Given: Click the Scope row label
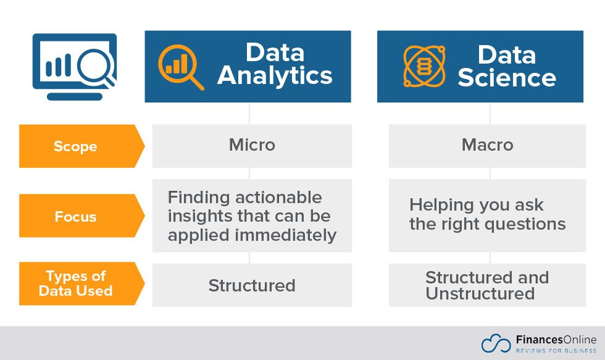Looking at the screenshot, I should coord(75,146).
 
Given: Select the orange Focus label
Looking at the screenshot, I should coord(75,217).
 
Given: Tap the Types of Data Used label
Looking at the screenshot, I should coord(75,283).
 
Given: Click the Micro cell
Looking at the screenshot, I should coord(252,145).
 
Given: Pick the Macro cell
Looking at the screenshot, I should coord(487,145).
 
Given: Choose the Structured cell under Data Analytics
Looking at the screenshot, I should coord(252,285).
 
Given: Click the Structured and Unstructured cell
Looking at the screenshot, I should coord(487,285).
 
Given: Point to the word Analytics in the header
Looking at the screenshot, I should coord(275,77).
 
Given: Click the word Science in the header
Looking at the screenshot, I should coord(507,78).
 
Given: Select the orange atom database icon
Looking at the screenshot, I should coord(424,65).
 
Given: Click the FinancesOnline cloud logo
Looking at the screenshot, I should coord(496,344).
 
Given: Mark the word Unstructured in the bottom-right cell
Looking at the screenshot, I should coord(480,294).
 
